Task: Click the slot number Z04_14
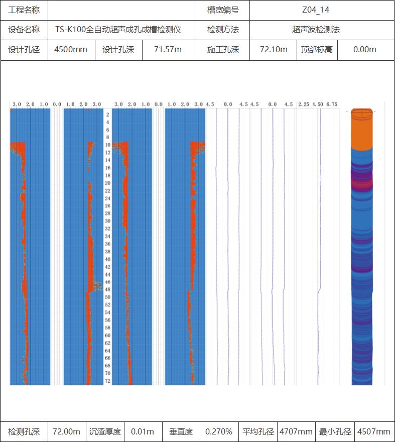tap(316, 10)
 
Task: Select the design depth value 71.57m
tap(168, 49)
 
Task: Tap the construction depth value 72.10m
tap(274, 49)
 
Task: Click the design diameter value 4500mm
tap(71, 49)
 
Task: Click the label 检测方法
tap(223, 30)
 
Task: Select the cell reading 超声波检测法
tap(316, 30)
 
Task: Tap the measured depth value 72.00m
tap(67, 431)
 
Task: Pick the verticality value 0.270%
tap(219, 431)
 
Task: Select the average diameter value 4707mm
tap(296, 431)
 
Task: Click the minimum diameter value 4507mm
tap(373, 431)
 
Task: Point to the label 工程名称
tap(24, 10)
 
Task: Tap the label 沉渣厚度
tap(105, 431)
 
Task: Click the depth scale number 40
tap(107, 259)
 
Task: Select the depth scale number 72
tap(107, 381)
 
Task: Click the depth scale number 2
tap(107, 115)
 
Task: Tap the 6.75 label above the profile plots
tap(332, 104)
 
